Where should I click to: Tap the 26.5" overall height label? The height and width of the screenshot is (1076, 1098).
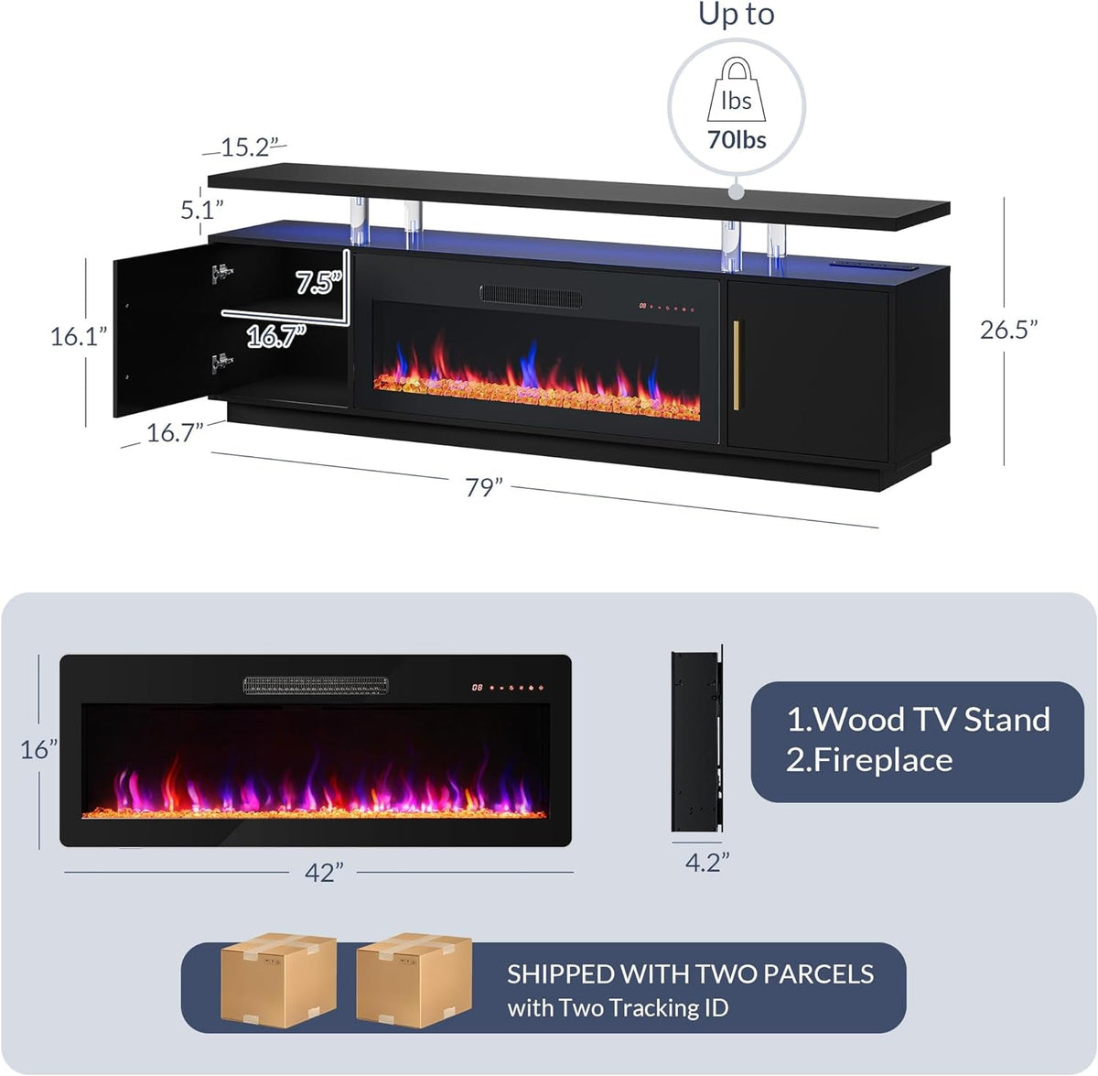(1009, 330)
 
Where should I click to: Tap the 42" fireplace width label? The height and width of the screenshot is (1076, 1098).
(324, 873)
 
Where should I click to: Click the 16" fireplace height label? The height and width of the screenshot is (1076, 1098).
(39, 749)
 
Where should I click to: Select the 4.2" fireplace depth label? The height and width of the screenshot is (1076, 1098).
(707, 862)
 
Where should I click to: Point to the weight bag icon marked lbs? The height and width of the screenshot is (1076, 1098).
(737, 88)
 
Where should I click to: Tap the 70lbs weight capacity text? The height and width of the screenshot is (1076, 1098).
(737, 140)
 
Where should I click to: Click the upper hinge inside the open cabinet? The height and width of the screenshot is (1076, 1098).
(219, 271)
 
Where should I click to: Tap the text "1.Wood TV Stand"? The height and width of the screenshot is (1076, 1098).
(918, 720)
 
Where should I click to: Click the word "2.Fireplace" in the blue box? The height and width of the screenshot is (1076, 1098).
(869, 760)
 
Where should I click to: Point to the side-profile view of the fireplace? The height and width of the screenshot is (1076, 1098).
(696, 742)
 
